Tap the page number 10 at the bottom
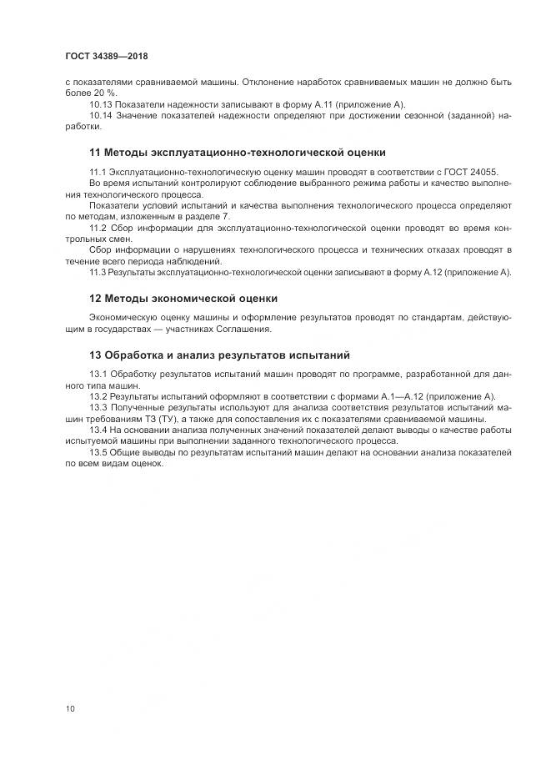point(70,708)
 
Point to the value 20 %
point(105,93)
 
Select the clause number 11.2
point(99,227)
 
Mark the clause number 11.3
point(99,272)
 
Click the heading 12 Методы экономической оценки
point(183,299)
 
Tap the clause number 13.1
point(99,374)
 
